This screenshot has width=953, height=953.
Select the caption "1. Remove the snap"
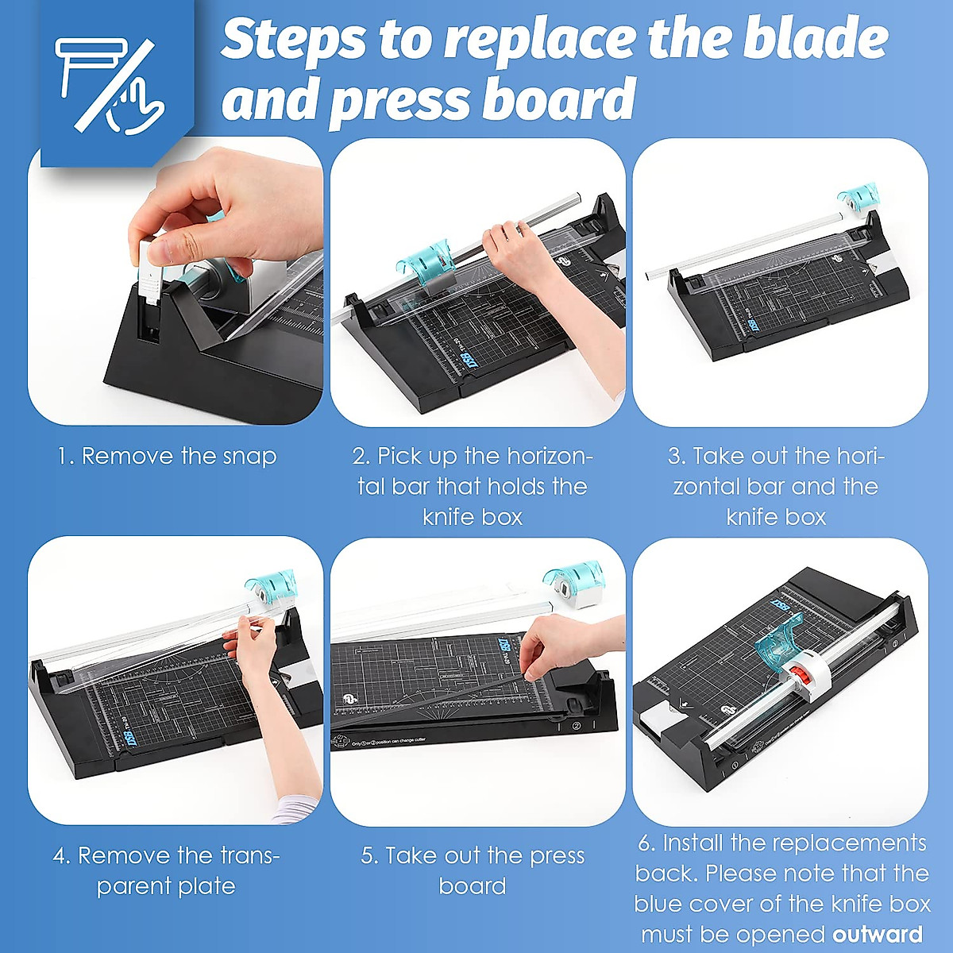[x=167, y=456]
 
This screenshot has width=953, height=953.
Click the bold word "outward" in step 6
[x=878, y=934]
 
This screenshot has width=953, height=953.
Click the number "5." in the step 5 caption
[x=370, y=856]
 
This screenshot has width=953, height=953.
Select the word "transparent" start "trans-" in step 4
[x=237, y=856]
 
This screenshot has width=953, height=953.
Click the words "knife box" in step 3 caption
[x=776, y=517]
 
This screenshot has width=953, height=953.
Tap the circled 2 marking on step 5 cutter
[x=577, y=725]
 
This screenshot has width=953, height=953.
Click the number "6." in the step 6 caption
[x=647, y=843]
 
